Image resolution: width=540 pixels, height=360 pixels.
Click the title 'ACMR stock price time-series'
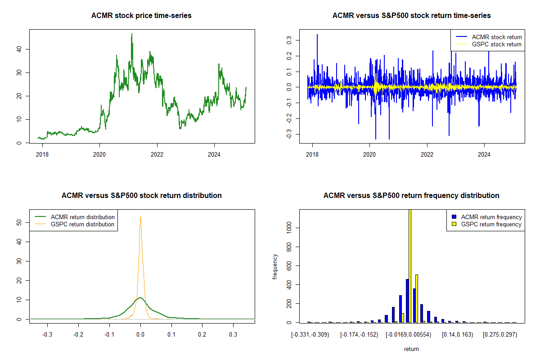[x=142, y=16]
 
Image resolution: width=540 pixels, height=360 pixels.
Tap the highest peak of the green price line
[x=132, y=34]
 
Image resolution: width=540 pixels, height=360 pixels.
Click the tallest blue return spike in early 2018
[x=317, y=35]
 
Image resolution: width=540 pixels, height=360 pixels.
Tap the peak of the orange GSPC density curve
[x=140, y=216]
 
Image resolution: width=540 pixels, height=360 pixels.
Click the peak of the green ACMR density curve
[x=140, y=297]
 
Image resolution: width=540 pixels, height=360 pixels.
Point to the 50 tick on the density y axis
[x=19, y=223]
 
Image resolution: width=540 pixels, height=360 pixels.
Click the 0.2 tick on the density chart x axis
[x=202, y=335]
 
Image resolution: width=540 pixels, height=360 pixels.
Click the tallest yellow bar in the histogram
[x=410, y=265]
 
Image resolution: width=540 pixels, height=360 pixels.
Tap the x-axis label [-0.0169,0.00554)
[x=409, y=335]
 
